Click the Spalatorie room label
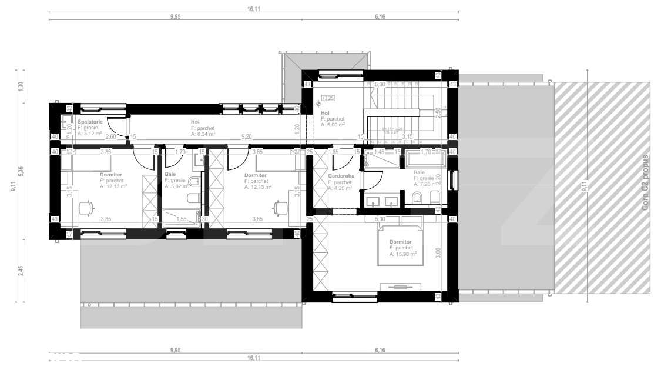[x=90, y=122]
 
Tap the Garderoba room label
[x=341, y=176]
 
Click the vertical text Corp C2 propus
[x=645, y=183]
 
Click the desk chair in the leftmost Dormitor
[x=86, y=207]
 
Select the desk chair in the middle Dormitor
[x=277, y=207]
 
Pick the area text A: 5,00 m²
[x=332, y=125]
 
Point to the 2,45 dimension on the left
[x=20, y=271]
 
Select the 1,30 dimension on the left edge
[x=20, y=85]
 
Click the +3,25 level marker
[x=327, y=98]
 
